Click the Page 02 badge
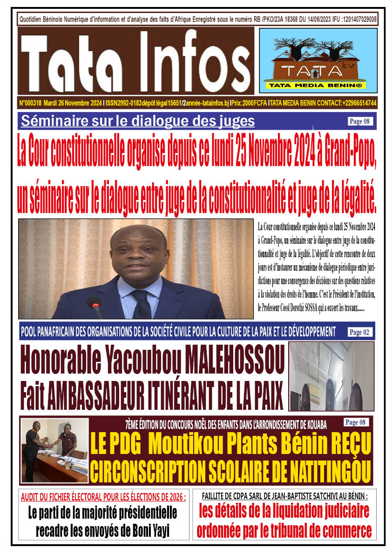[361, 332]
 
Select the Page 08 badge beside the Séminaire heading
[361, 122]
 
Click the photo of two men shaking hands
[55, 450]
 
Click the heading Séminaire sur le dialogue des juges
[138, 121]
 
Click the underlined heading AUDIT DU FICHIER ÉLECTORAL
[103, 497]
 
